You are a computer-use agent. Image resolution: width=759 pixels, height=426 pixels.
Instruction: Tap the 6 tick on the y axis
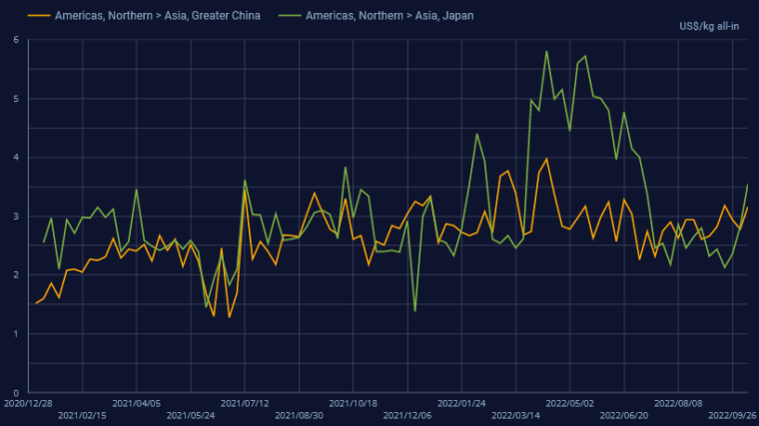pyautogui.click(x=16, y=40)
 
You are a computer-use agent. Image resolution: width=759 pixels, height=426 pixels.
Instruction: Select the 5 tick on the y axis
pyautogui.click(x=16, y=99)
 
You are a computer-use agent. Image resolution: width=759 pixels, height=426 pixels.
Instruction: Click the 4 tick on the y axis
pyautogui.click(x=16, y=158)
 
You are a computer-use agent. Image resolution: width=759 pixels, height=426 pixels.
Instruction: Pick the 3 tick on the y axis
pyautogui.click(x=16, y=216)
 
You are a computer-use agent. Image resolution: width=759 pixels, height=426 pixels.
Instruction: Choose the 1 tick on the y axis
pyautogui.click(x=16, y=334)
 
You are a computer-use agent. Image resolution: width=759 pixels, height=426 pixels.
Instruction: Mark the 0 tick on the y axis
pyautogui.click(x=16, y=393)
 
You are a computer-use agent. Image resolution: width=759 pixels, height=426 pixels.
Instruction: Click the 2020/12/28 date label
pyautogui.click(x=28, y=404)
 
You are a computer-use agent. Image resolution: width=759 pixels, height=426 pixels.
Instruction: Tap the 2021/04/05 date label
pyautogui.click(x=136, y=404)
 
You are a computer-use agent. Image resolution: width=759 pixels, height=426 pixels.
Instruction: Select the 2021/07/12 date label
pyautogui.click(x=245, y=404)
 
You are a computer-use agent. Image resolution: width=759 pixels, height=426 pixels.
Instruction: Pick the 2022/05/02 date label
pyautogui.click(x=569, y=404)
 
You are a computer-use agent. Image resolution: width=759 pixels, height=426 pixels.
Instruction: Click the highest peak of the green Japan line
pyautogui.click(x=546, y=51)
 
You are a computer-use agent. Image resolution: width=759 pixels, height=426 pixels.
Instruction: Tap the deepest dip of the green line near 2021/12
pyautogui.click(x=414, y=311)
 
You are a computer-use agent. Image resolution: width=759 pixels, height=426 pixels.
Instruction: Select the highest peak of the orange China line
pyautogui.click(x=546, y=159)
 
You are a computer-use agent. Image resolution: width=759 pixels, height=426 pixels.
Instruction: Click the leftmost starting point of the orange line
pyautogui.click(x=36, y=302)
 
